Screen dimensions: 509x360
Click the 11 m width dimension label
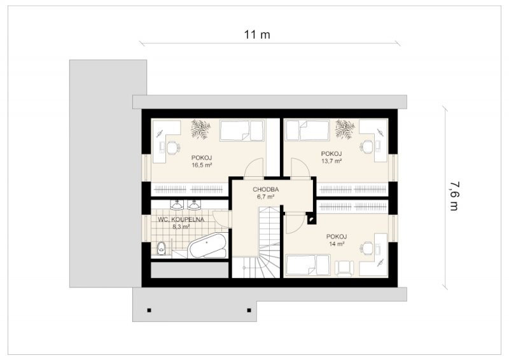pyautogui.click(x=257, y=34)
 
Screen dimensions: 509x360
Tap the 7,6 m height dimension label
pyautogui.click(x=454, y=196)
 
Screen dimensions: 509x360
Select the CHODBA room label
pyautogui.click(x=266, y=190)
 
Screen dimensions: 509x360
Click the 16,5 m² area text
pyautogui.click(x=202, y=165)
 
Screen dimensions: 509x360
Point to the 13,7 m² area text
pyautogui.click(x=331, y=161)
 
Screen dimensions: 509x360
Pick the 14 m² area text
pyautogui.click(x=337, y=244)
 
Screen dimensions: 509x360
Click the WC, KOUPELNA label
pyautogui.click(x=181, y=220)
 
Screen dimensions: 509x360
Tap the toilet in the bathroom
pyautogui.click(x=161, y=248)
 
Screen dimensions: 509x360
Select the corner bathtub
pyautogui.click(x=208, y=246)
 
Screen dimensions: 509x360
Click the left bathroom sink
pyautogui.click(x=177, y=205)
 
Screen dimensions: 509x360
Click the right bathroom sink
pyautogui.click(x=194, y=205)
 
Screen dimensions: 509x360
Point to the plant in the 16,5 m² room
pyautogui.click(x=200, y=129)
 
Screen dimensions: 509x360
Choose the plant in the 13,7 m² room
pyautogui.click(x=345, y=129)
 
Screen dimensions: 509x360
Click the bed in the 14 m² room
pyautogui.click(x=308, y=265)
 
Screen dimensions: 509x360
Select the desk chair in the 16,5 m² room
pyautogui.click(x=173, y=147)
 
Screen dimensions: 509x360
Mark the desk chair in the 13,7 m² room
pyautogui.click(x=367, y=146)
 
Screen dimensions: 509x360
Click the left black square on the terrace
pyautogui.click(x=149, y=310)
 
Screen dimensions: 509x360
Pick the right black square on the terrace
pyautogui.click(x=249, y=310)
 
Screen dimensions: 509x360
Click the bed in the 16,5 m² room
pyautogui.click(x=242, y=130)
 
